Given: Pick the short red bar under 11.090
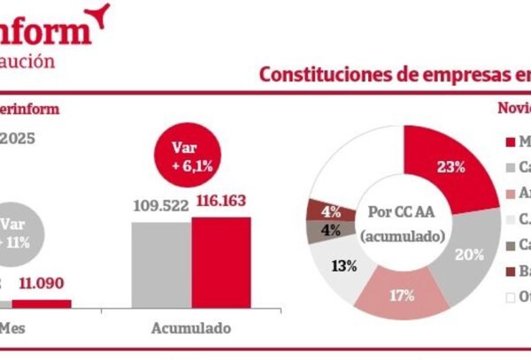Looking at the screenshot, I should [42, 303].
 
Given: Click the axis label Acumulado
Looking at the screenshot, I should [189, 328].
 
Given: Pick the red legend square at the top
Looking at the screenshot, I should [511, 142].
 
